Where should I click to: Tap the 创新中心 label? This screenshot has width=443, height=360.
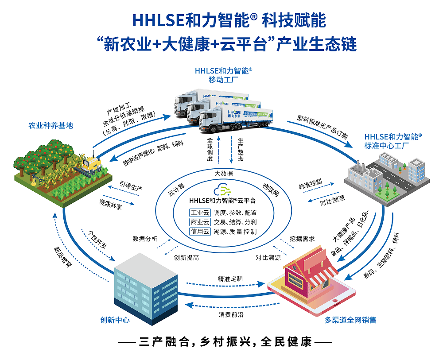[115, 320]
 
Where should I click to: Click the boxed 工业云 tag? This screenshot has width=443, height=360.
[199, 213]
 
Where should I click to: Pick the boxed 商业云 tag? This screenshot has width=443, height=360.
[199, 222]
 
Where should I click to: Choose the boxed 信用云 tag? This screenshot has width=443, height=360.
[199, 231]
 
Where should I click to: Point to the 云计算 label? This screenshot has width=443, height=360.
[176, 189]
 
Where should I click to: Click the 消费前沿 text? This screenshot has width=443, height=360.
[230, 315]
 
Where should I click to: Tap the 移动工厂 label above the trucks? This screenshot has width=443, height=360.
[224, 80]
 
